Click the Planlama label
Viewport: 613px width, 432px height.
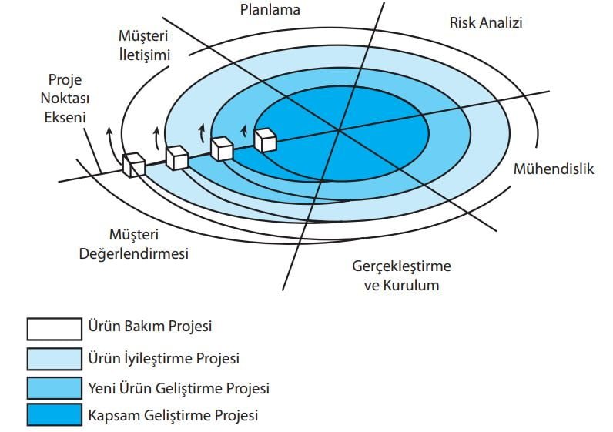270,10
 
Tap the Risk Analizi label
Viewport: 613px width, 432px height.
486,22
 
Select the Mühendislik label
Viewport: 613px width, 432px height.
554,169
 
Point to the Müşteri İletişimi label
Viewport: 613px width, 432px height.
144,45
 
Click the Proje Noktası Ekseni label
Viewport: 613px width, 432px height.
65,99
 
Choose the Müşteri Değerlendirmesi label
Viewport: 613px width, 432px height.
134,244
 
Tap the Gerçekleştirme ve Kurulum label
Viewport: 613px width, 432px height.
401,275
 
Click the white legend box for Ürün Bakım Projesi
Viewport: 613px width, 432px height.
55,329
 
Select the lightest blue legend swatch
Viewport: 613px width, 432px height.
55,359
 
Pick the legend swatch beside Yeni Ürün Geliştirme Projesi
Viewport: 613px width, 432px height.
55,388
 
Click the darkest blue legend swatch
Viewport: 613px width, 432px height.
55,414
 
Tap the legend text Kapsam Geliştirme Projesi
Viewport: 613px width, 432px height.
173,415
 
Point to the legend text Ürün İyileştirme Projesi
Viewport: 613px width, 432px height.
164,359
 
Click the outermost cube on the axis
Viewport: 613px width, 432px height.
134,165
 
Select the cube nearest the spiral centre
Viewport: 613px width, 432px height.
266,140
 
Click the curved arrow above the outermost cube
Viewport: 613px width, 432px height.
112,145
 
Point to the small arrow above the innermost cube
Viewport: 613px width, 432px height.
245,131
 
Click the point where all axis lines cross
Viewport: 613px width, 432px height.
339,131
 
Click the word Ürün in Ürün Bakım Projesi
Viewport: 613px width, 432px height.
102,326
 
